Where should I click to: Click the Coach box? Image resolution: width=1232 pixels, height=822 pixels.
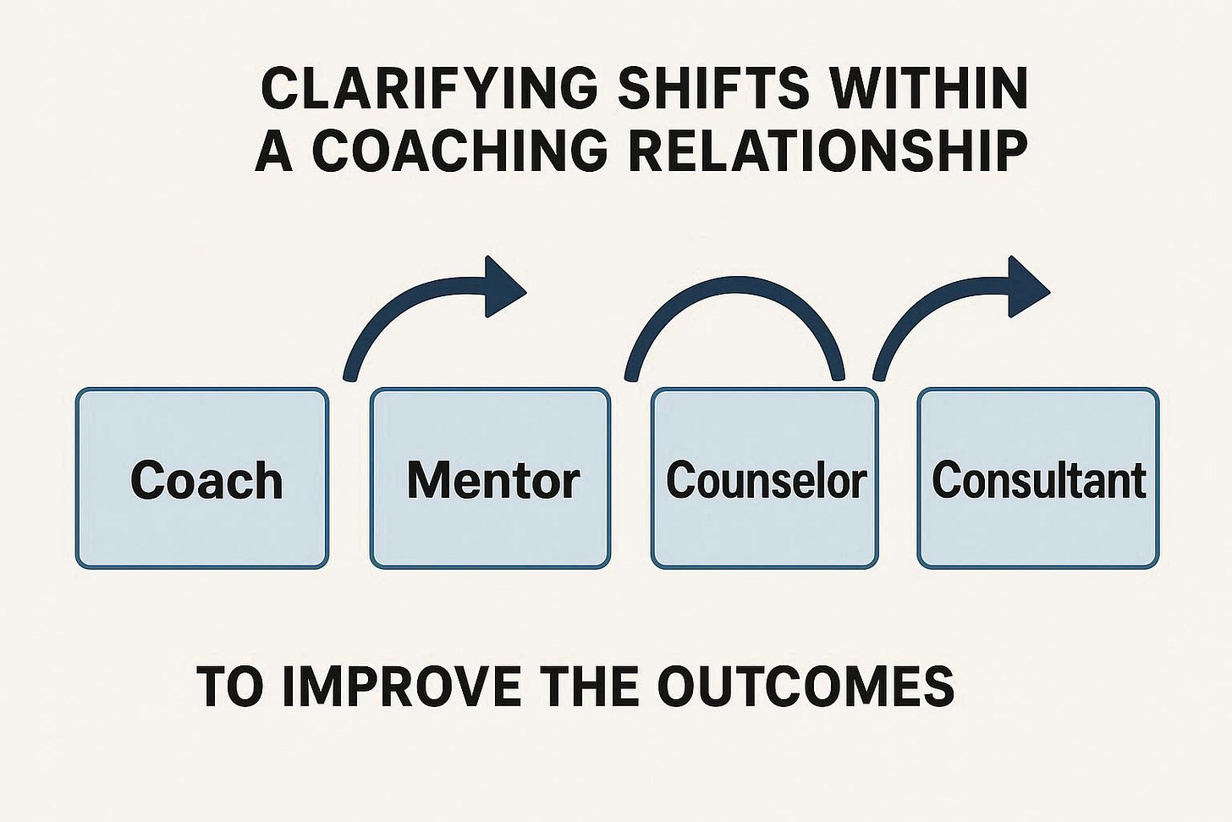(x=201, y=516)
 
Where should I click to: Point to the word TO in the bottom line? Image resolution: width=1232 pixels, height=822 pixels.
(x=229, y=686)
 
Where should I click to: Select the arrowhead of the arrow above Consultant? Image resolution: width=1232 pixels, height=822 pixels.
(x=1027, y=287)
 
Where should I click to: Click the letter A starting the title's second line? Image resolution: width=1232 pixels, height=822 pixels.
(x=274, y=151)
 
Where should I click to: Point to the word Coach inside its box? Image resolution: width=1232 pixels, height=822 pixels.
(x=206, y=481)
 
